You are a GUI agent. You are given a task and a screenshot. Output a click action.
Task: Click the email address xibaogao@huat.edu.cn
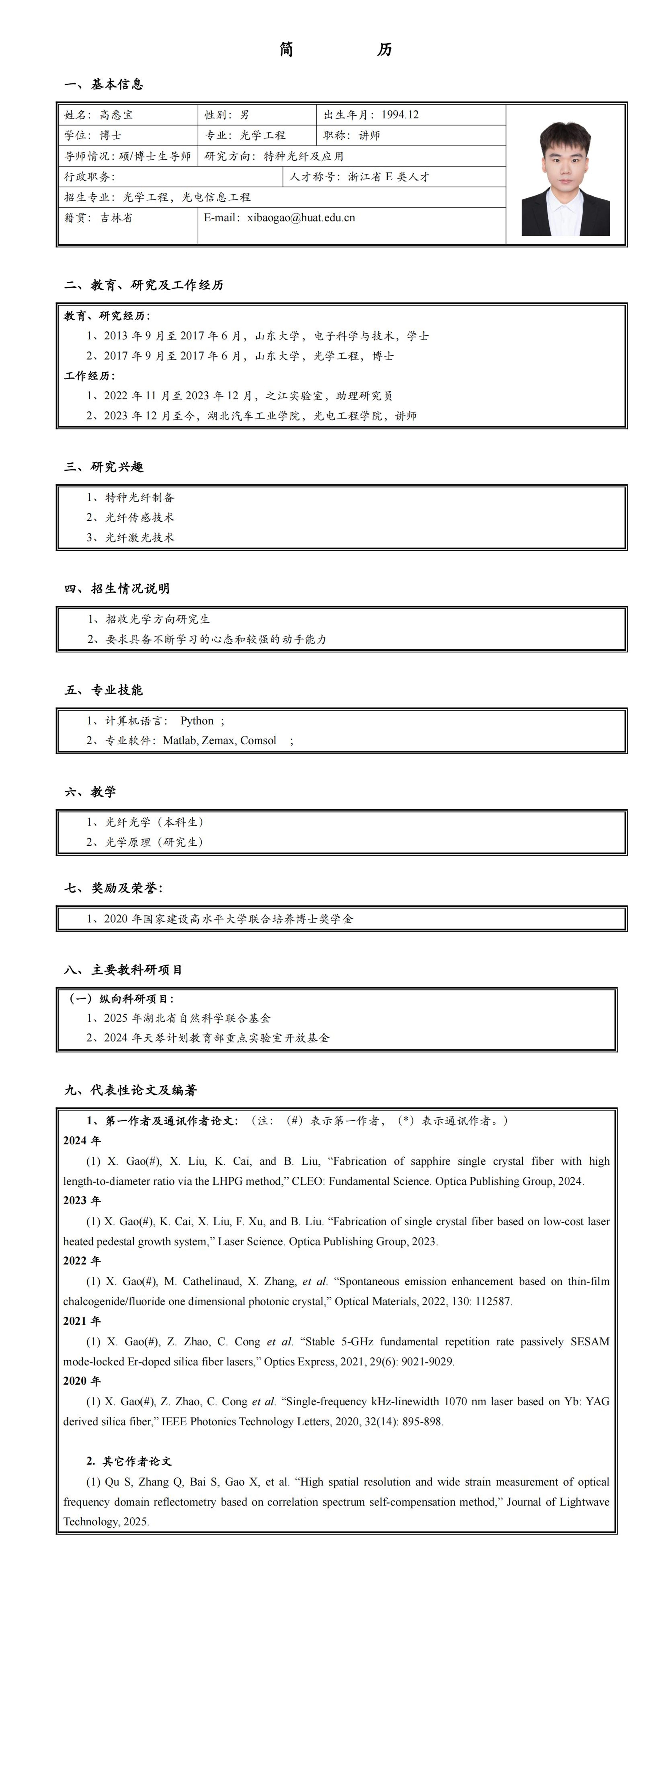301,218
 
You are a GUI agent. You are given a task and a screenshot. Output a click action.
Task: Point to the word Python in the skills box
197,720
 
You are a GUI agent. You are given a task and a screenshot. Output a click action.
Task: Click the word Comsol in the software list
258,740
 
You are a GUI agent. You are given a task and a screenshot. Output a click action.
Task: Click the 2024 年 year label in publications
81,1140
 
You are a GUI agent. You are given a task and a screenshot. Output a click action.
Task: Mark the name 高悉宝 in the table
116,115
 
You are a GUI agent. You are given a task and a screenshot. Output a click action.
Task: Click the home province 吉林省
116,218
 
